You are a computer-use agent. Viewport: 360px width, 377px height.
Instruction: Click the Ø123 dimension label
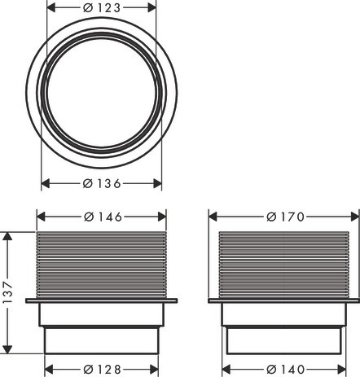point(102,8)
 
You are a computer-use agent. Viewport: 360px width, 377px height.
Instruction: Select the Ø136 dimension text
point(102,184)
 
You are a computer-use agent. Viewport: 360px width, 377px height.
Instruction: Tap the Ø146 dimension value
point(103,217)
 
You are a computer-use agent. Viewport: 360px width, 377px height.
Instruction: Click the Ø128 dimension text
point(102,369)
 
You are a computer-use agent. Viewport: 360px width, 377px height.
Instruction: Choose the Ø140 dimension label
point(285,369)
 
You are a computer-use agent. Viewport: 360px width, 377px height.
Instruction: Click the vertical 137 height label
point(8,292)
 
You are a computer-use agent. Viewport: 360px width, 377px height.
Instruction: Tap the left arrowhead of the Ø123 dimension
point(51,8)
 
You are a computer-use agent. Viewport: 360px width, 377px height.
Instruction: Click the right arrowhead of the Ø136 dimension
point(157,184)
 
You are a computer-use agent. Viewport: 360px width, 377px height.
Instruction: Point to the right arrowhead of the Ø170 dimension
point(355,217)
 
